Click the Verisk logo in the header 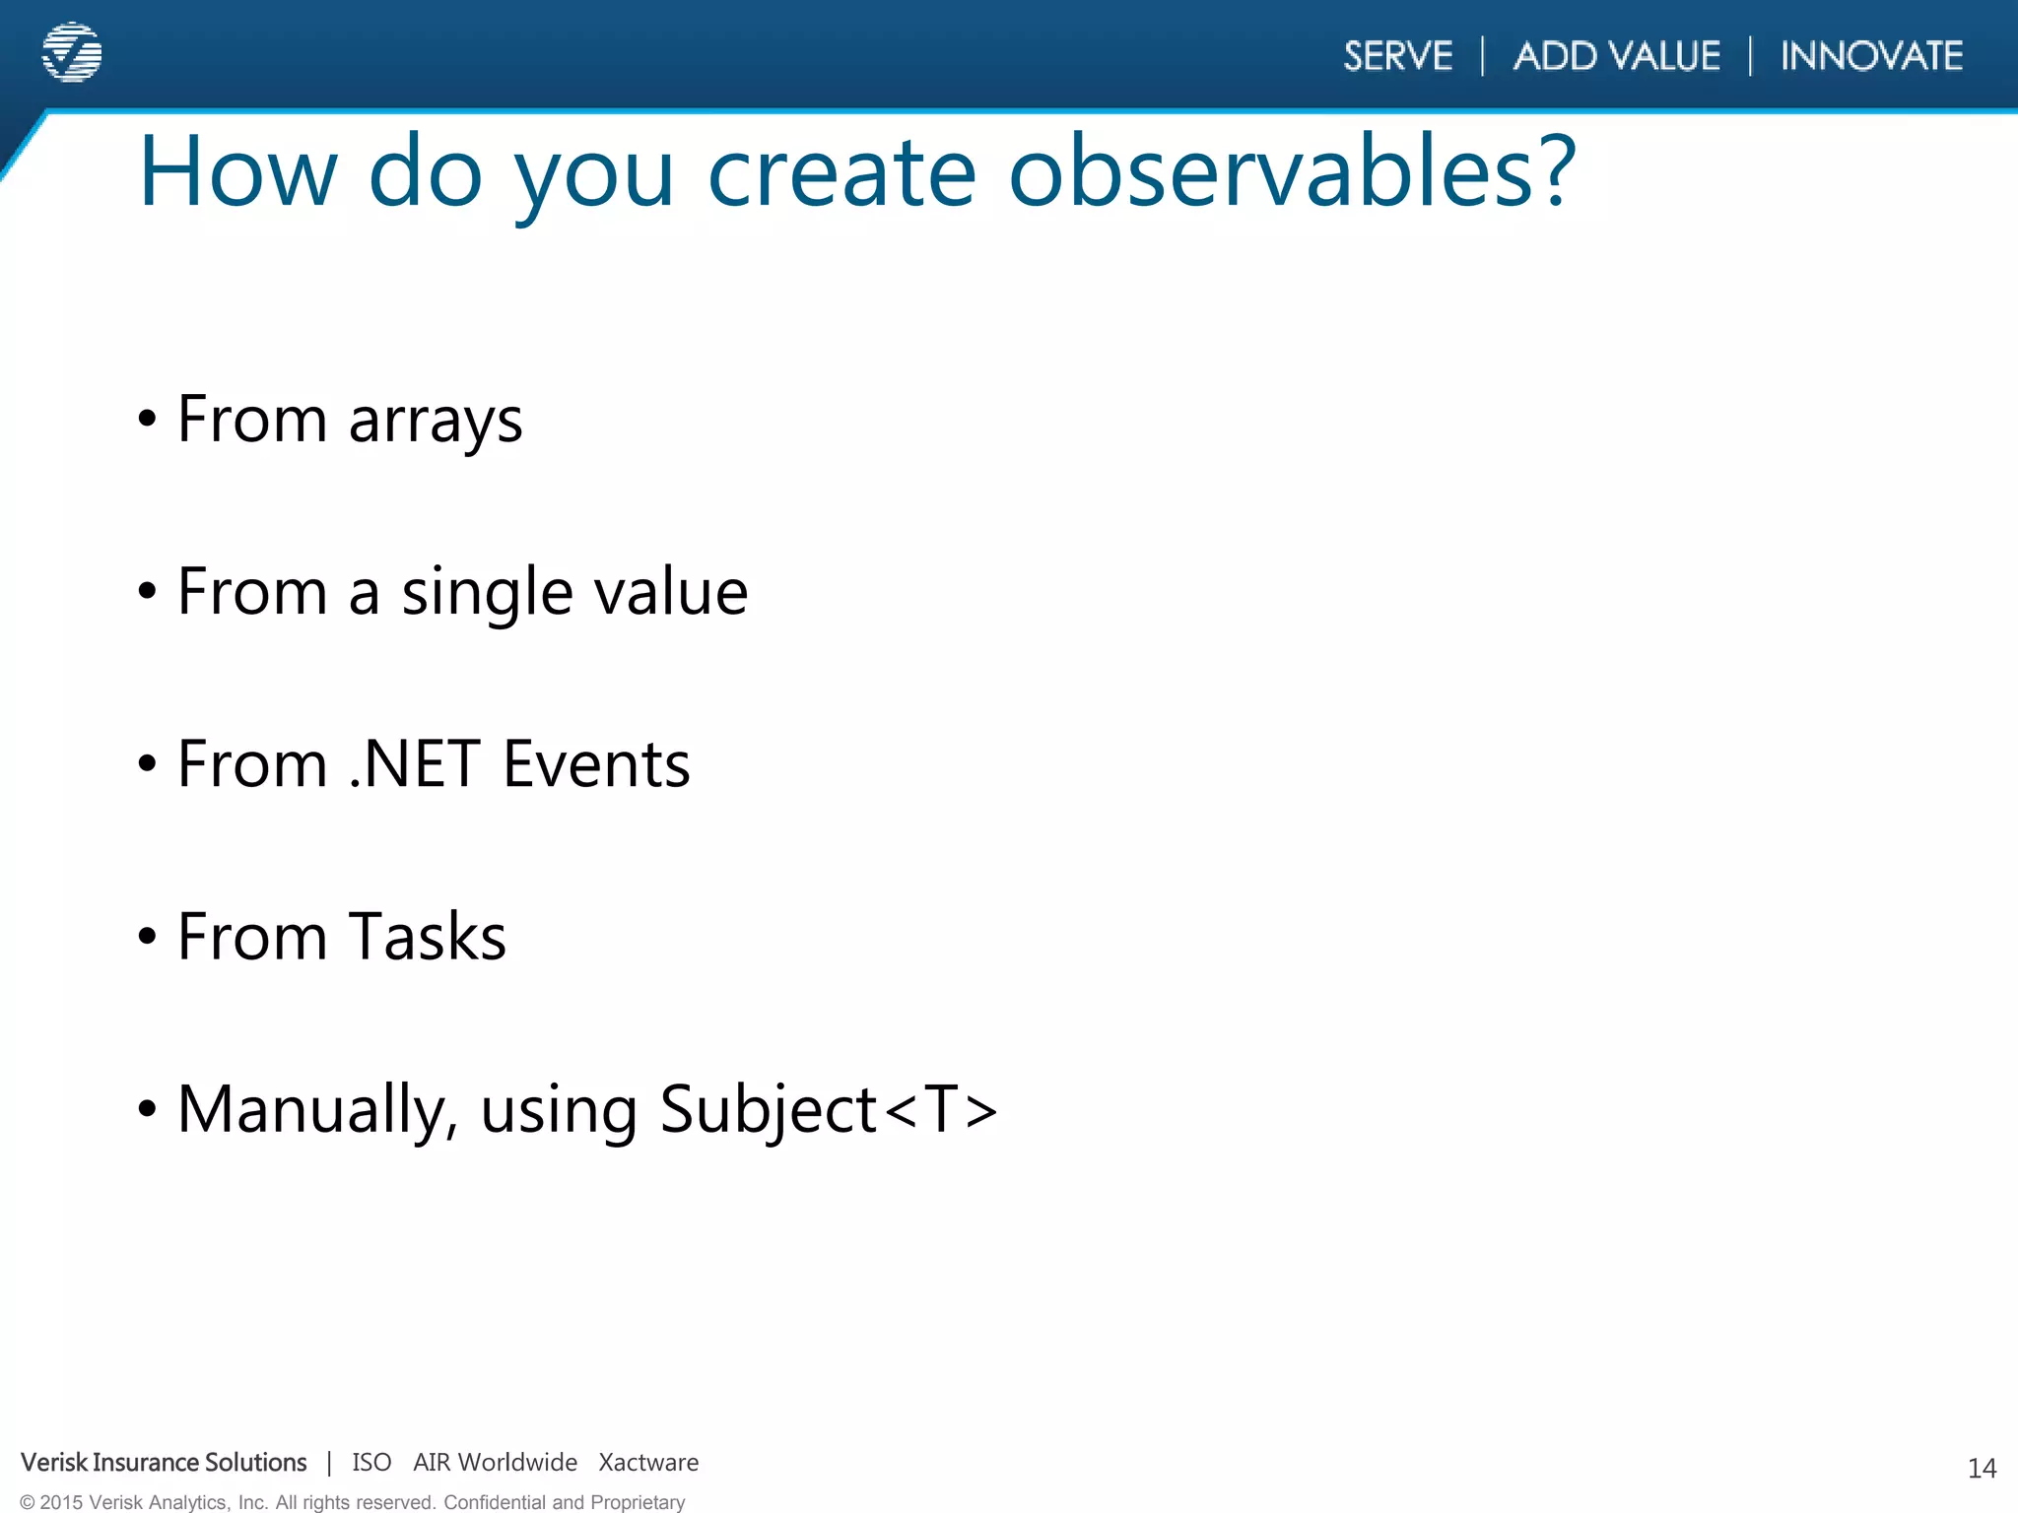72,52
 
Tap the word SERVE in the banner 1397,56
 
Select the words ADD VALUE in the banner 1617,56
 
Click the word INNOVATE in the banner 1871,56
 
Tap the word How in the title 237,172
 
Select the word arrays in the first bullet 436,422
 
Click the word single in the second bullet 487,593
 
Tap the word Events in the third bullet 596,764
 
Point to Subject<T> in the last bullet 828,1110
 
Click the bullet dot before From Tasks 148,937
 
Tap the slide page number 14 1982,1469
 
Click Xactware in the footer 648,1463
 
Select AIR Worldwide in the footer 495,1463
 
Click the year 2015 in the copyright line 61,1502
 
